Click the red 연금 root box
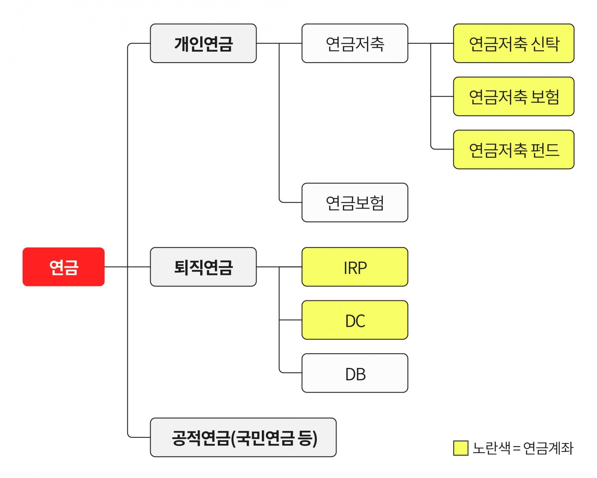63,267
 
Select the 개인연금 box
203,43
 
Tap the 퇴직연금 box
203,267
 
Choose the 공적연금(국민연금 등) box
243,437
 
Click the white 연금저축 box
354,43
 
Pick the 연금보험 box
354,202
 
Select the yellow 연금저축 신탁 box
513,43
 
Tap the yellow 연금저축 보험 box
513,96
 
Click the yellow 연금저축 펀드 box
513,150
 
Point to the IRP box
354,267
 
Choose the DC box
354,320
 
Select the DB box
354,373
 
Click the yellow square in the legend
460,448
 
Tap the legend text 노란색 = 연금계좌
523,448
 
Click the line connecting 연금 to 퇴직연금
138,267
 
